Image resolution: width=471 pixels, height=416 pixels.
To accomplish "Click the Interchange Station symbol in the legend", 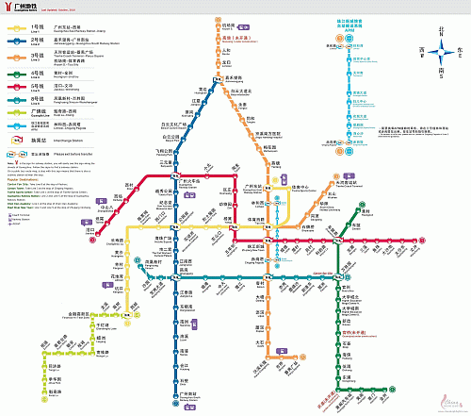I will tap(16, 141).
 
